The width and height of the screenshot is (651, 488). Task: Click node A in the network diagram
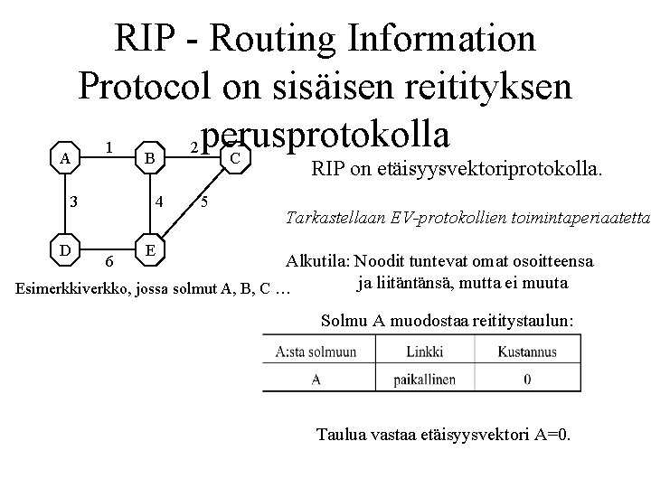pos(62,158)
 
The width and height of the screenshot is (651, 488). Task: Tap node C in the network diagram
pos(234,158)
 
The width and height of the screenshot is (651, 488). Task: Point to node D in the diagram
pos(62,245)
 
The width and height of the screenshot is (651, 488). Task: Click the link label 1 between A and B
pos(108,146)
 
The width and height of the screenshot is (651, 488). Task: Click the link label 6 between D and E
pos(108,261)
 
